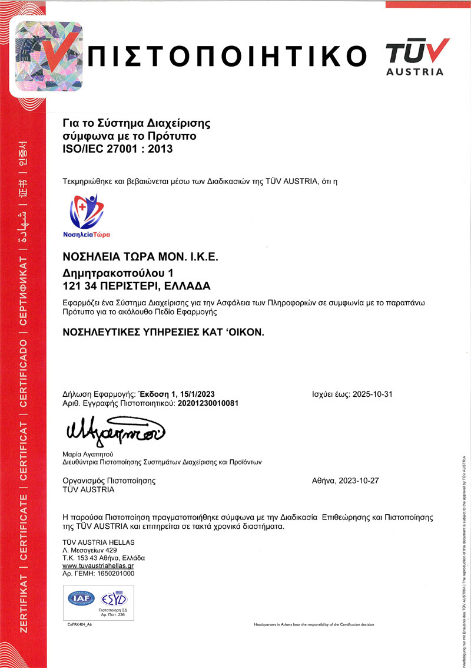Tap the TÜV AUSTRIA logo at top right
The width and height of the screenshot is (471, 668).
(x=415, y=57)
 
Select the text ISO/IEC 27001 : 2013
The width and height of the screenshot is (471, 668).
(x=117, y=149)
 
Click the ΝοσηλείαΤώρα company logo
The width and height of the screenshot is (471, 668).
(x=87, y=215)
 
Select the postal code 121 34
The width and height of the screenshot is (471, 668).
(x=80, y=287)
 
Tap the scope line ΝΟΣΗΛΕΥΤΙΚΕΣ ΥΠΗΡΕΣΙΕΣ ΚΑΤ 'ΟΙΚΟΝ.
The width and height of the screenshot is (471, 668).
(x=164, y=332)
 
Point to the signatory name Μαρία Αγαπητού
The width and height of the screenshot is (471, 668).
(x=88, y=455)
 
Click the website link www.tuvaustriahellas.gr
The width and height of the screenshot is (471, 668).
(x=98, y=565)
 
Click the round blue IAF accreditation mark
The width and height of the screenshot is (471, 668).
(x=79, y=598)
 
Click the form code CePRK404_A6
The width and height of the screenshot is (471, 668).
(x=80, y=624)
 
